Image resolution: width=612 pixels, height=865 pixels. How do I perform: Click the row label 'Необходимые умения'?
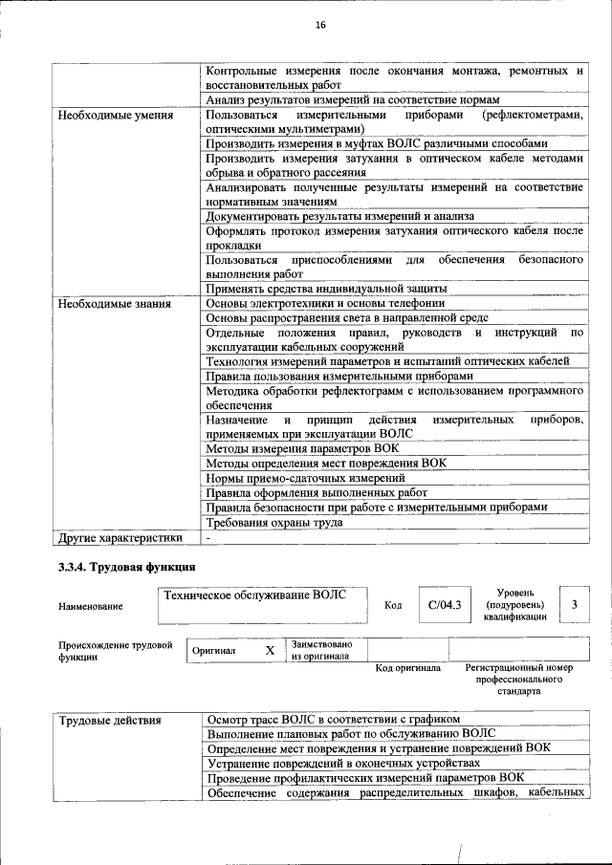[x=115, y=116]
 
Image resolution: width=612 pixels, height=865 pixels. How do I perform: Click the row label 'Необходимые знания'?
[x=114, y=305]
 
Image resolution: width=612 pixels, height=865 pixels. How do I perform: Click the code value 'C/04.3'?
[x=445, y=604]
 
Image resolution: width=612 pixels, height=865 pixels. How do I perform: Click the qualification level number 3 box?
[x=574, y=604]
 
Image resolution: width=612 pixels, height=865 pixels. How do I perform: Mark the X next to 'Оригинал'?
[x=270, y=650]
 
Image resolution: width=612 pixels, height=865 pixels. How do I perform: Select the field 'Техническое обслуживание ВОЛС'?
[x=253, y=595]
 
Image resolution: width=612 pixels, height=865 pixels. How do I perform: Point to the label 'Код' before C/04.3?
[x=393, y=605]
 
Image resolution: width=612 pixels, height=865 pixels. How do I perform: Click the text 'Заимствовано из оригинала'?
[x=322, y=650]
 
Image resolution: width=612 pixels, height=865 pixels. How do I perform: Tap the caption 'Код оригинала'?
[x=407, y=668]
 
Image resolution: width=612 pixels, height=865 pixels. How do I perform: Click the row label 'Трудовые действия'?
[x=110, y=719]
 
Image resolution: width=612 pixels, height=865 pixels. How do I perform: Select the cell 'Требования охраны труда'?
[x=274, y=523]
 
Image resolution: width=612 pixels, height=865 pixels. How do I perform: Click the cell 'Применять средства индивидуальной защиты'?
[x=326, y=289]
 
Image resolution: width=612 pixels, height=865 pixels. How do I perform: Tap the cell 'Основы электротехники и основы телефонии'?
[x=324, y=304]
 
